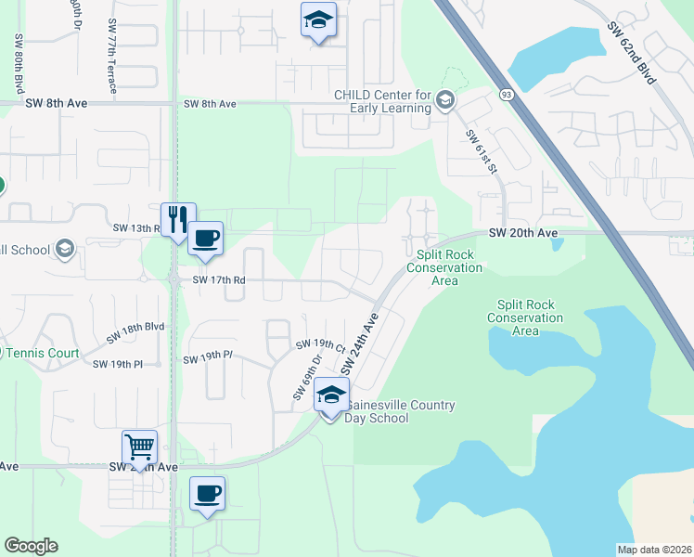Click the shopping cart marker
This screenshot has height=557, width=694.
(x=139, y=447)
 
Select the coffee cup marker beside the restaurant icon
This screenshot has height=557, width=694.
(x=206, y=238)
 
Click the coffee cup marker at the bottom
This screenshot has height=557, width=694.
(x=208, y=493)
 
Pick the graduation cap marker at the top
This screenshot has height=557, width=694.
(x=317, y=19)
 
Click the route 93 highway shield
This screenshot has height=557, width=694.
(x=507, y=94)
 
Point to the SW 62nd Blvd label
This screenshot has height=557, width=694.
(x=633, y=55)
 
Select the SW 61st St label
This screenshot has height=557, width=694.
(x=483, y=148)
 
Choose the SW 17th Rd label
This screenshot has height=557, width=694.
(x=218, y=279)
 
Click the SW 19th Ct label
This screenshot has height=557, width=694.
(x=320, y=344)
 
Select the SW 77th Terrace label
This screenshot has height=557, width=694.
(x=112, y=56)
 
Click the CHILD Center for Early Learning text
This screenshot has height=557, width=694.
(x=384, y=101)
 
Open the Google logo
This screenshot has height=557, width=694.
(x=31, y=546)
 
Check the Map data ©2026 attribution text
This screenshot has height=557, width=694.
(x=654, y=550)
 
